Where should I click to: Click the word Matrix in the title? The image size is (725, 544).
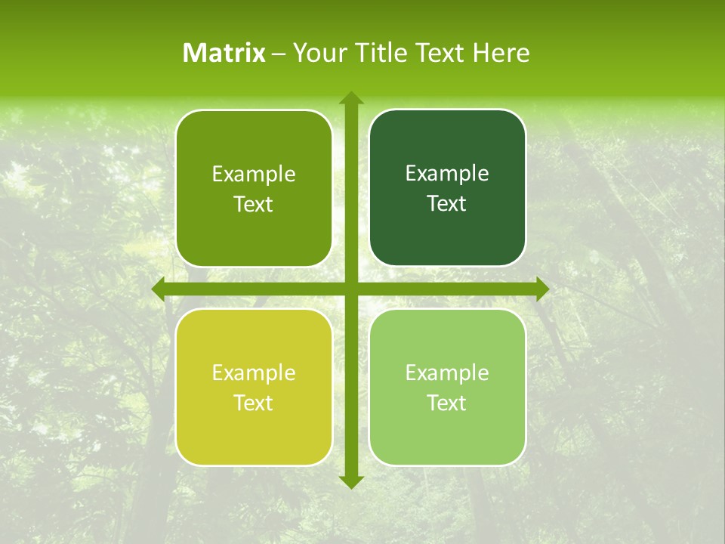pyautogui.click(x=224, y=53)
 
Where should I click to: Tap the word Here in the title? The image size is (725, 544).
pyautogui.click(x=501, y=53)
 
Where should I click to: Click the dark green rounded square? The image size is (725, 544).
pyautogui.click(x=447, y=187)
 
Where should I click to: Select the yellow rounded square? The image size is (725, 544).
pyautogui.click(x=254, y=387)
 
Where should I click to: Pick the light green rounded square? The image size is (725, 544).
pyautogui.click(x=447, y=387)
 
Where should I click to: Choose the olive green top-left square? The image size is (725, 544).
pyautogui.click(x=254, y=187)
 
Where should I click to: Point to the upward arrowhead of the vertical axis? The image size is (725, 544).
pyautogui.click(x=350, y=98)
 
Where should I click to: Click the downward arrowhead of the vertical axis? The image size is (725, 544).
pyautogui.click(x=350, y=481)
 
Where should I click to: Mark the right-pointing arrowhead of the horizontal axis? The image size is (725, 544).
pyautogui.click(x=541, y=289)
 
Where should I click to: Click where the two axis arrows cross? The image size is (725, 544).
pyautogui.click(x=350, y=289)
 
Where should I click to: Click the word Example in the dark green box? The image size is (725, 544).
pyautogui.click(x=447, y=174)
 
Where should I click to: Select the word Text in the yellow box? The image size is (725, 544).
pyautogui.click(x=253, y=403)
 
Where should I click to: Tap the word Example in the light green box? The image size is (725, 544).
pyautogui.click(x=447, y=372)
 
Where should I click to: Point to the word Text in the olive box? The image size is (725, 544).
pyautogui.click(x=253, y=205)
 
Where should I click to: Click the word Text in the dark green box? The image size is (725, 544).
pyautogui.click(x=446, y=204)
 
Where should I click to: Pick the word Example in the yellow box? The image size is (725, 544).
pyautogui.click(x=254, y=372)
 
